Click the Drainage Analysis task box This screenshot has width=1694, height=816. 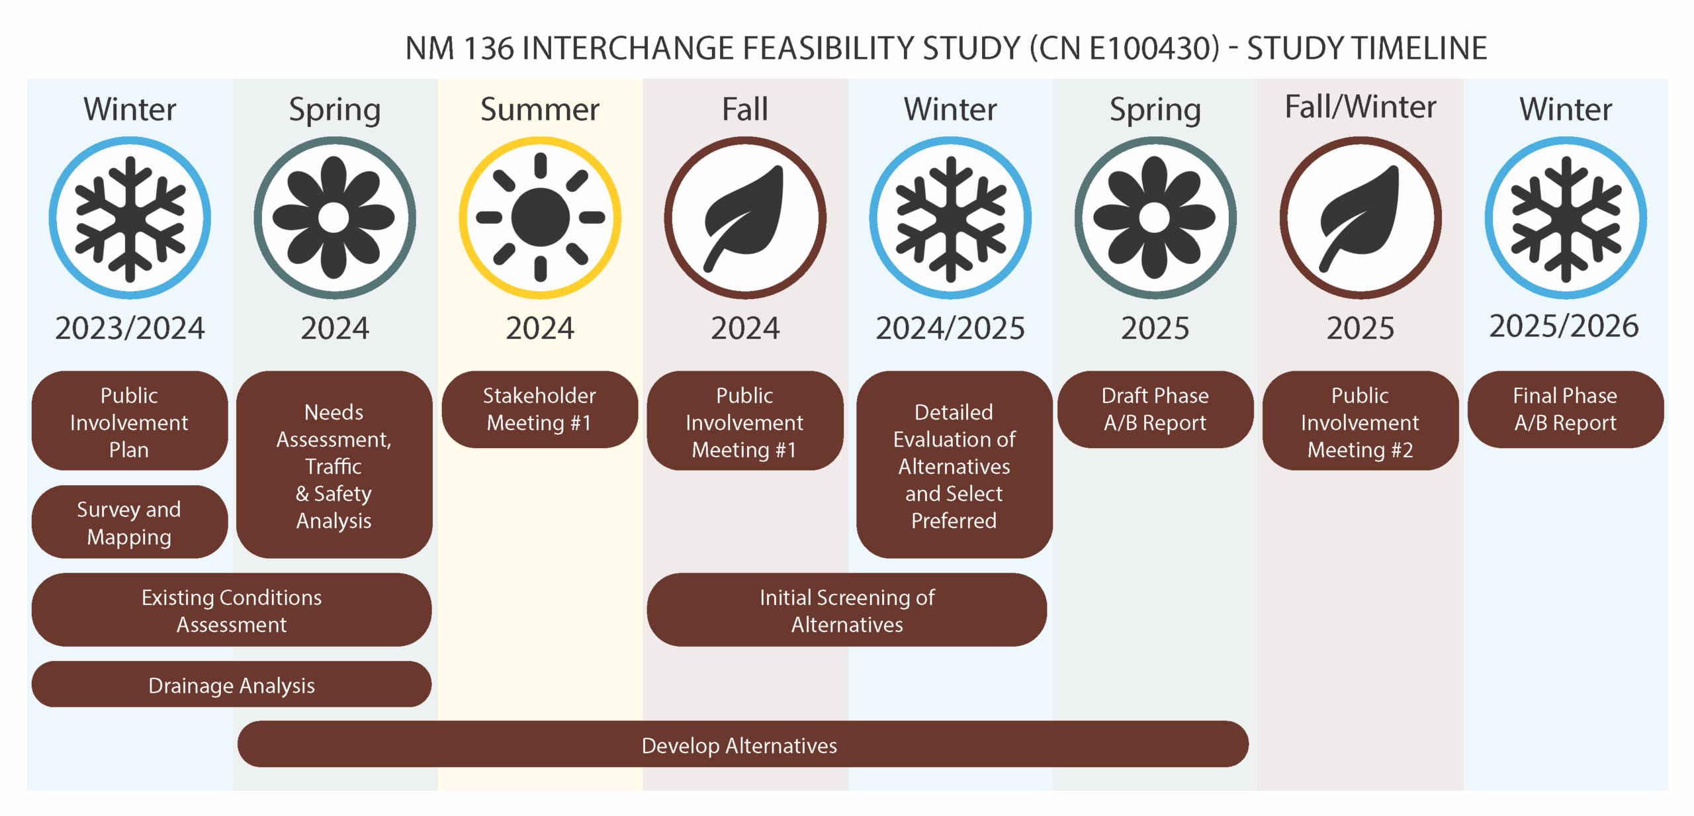(232, 684)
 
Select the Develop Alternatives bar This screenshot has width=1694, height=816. (742, 745)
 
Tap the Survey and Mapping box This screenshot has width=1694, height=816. (130, 522)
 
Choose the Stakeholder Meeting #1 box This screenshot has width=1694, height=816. (540, 409)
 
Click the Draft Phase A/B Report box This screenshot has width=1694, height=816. (1155, 409)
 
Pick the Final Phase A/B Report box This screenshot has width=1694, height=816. (1566, 409)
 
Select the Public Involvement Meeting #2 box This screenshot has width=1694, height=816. (1360, 421)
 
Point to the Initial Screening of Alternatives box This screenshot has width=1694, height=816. (847, 610)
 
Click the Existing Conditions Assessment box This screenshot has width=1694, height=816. (232, 610)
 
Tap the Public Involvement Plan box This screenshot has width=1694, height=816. (130, 421)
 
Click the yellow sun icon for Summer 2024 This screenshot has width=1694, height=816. (541, 218)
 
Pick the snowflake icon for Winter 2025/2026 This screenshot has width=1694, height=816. (1566, 218)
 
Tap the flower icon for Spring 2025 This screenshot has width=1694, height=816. (1156, 218)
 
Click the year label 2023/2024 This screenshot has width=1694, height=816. (130, 328)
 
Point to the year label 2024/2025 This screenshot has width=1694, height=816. (950, 328)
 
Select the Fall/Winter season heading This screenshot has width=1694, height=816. (1360, 107)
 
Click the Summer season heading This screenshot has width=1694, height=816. (540, 109)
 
